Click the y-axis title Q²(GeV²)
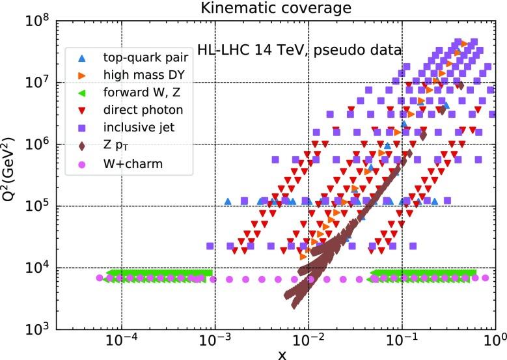tap(12, 174)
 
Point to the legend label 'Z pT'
tap(118, 146)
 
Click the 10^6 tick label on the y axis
tap(38, 145)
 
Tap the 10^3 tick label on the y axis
tap(38, 329)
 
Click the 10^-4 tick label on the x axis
tap(120, 340)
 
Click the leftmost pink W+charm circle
tap(100, 278)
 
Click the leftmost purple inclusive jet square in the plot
tap(210, 246)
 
